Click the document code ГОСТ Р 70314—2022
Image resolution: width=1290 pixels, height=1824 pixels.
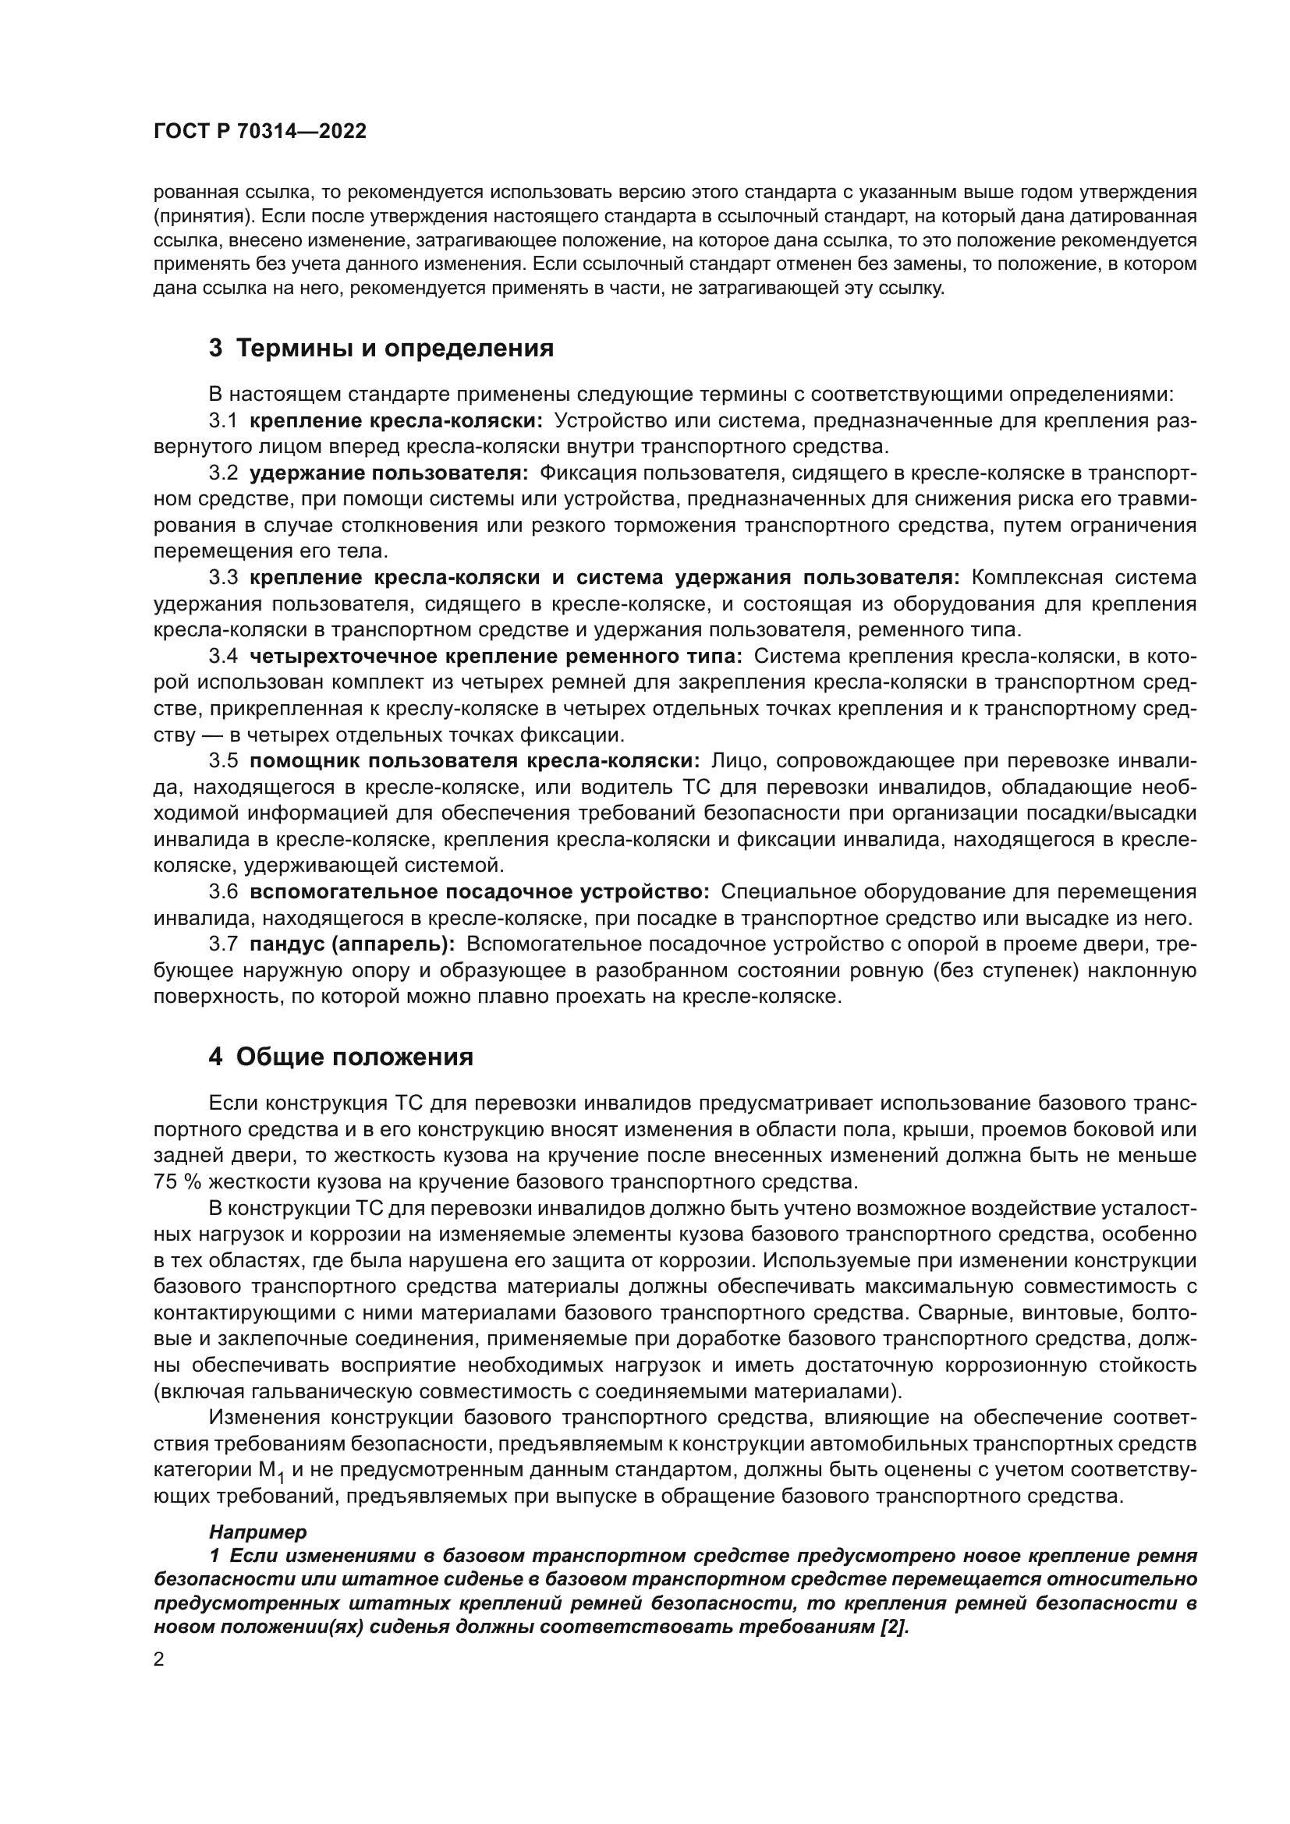coord(260,132)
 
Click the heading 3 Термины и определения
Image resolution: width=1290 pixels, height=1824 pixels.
coord(381,348)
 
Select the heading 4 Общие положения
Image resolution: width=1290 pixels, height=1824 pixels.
coord(341,1057)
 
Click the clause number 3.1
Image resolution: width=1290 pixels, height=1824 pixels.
coord(222,420)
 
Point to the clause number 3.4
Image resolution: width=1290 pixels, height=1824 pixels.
coord(222,656)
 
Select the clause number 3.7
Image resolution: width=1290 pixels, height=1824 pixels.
coord(222,944)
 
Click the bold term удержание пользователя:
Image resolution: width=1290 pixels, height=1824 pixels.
coord(388,473)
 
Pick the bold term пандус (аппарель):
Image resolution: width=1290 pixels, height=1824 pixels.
coord(352,944)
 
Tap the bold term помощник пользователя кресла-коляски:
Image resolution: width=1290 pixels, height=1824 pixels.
coord(474,761)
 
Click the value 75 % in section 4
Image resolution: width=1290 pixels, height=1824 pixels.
coord(177,1181)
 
